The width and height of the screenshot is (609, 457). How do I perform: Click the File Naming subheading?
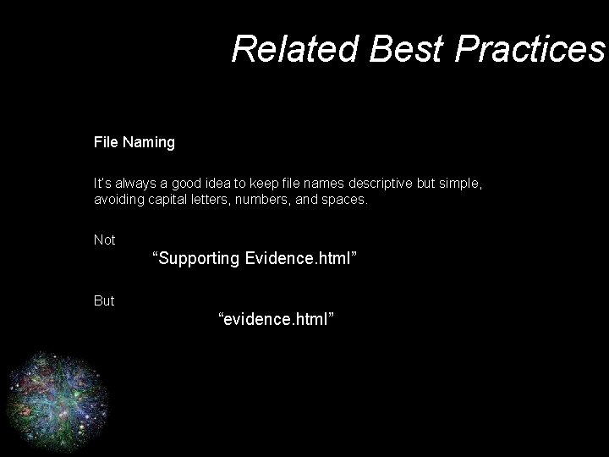pos(134,142)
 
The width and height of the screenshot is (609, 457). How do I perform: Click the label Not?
pos(105,240)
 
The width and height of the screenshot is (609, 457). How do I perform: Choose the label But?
pos(104,300)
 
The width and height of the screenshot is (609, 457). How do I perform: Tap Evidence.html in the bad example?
pos(301,258)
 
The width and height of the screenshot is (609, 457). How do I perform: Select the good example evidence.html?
pos(277,319)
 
